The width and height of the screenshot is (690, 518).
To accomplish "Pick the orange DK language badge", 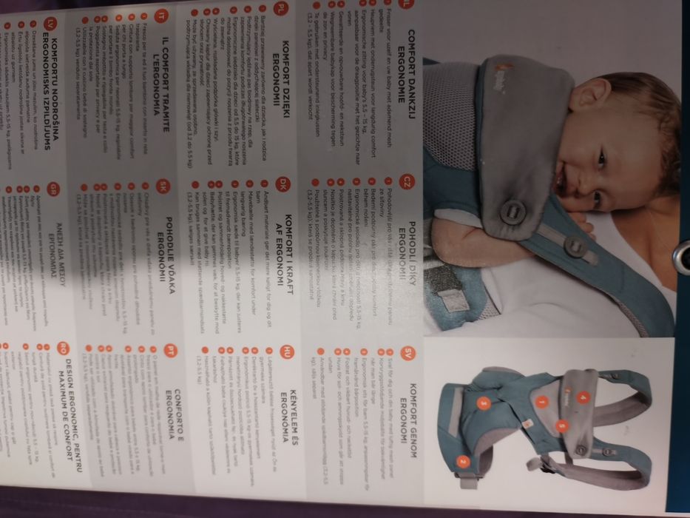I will [283, 183].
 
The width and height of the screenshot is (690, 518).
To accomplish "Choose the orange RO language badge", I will [64, 347].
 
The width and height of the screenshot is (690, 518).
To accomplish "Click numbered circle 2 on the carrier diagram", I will [464, 462].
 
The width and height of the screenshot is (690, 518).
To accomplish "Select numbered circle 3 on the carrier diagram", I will [484, 403].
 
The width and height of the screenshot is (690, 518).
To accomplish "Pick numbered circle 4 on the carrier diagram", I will [583, 398].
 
